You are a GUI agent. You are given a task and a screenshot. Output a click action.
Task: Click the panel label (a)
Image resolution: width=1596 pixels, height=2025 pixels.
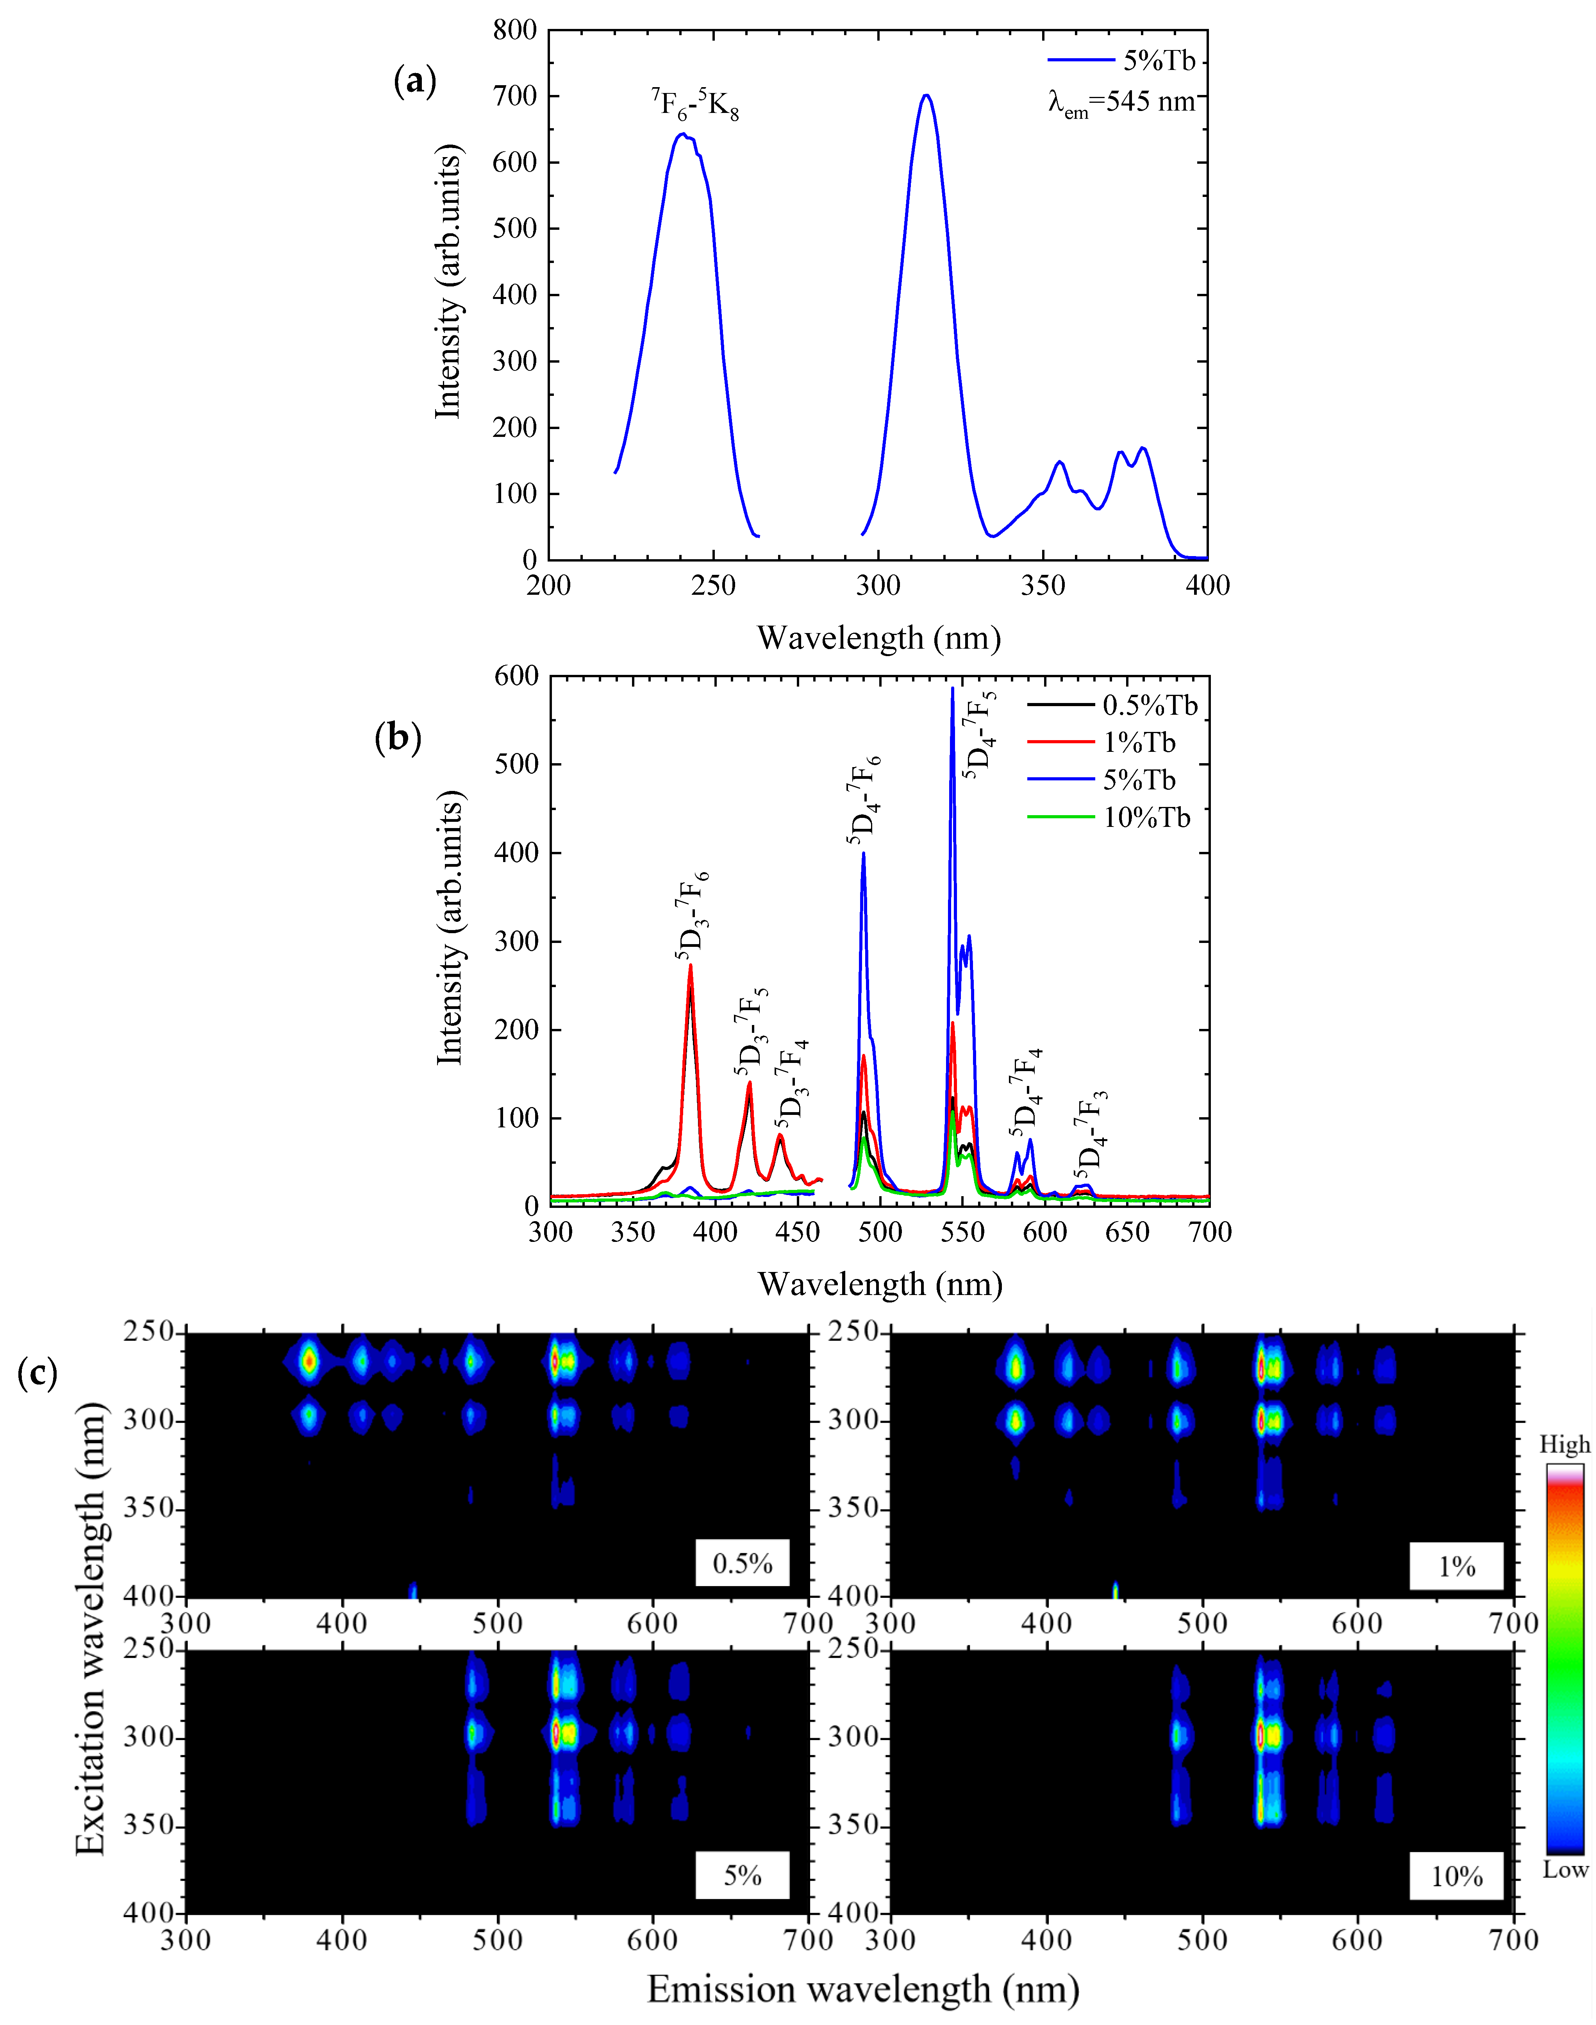pyautogui.click(x=415, y=82)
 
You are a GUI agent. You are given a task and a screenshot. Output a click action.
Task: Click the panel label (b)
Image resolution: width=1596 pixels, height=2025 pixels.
pyautogui.click(x=397, y=738)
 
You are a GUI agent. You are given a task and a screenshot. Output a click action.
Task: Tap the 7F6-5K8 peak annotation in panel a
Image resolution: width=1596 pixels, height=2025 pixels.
pyautogui.click(x=695, y=104)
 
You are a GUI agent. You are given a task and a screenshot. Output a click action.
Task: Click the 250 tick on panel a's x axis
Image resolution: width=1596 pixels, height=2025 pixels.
pyautogui.click(x=714, y=586)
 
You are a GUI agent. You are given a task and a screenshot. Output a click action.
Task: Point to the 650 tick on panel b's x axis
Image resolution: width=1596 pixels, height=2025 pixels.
pyautogui.click(x=1127, y=1232)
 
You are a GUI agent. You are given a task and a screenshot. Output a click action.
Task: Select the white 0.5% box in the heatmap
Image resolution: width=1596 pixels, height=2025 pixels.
pyautogui.click(x=742, y=1563)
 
